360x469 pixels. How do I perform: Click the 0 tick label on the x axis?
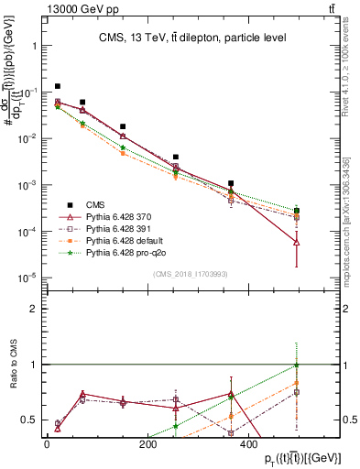click(47, 442)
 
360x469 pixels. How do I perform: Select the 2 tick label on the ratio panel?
click(33, 309)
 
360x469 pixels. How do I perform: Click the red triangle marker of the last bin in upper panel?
click(297, 242)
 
